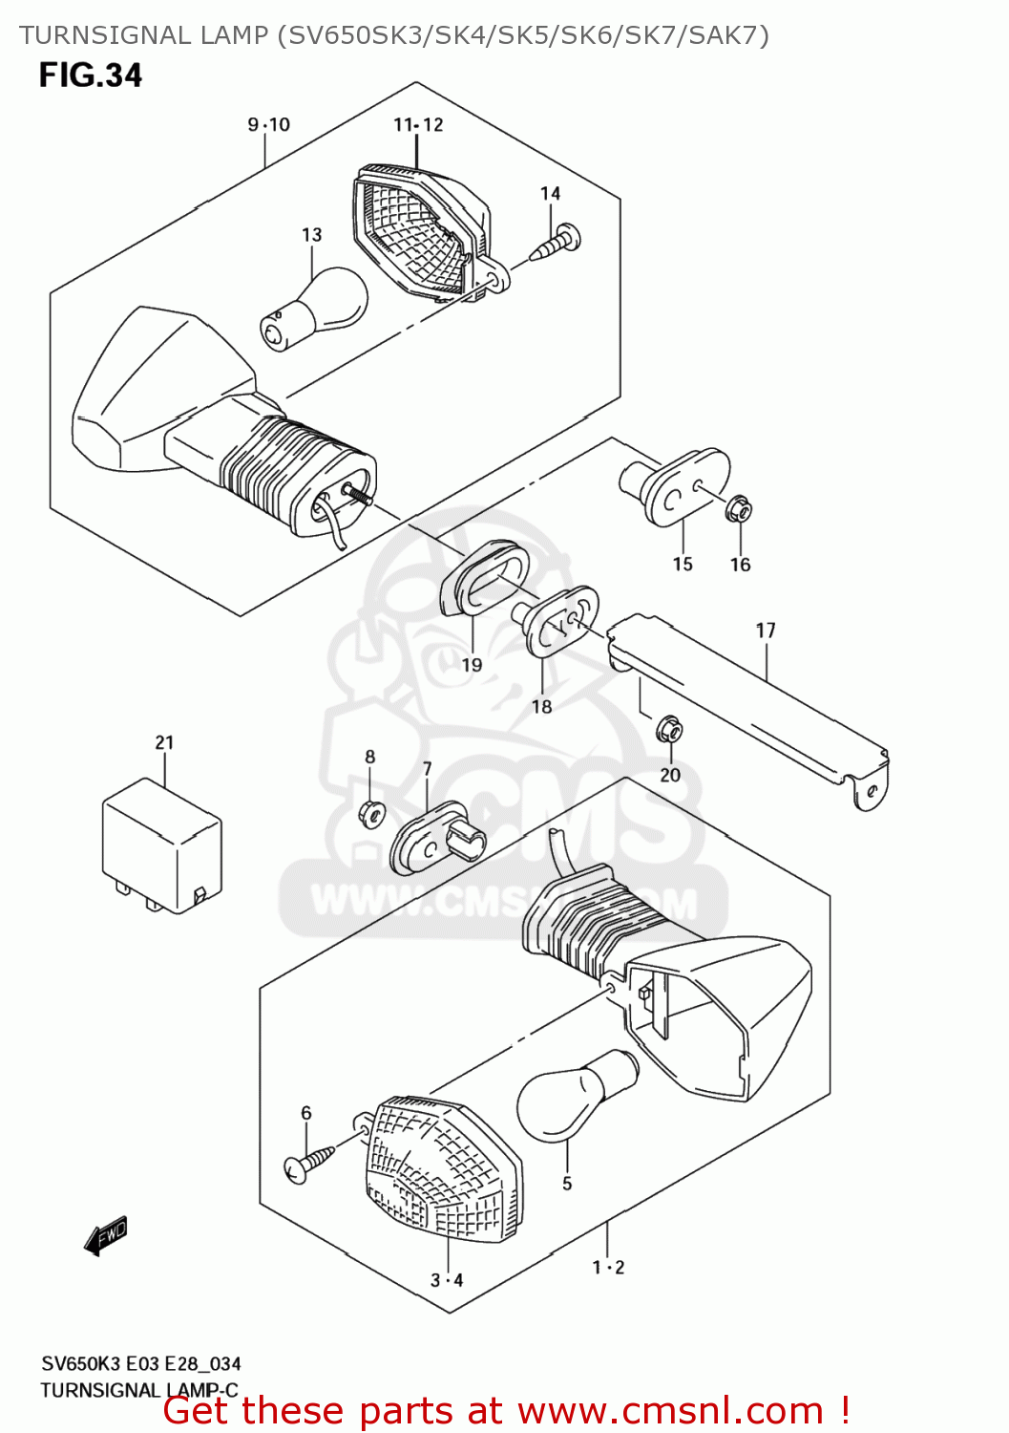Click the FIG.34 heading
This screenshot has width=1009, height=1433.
pos(90,75)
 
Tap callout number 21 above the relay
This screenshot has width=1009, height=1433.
pos(164,742)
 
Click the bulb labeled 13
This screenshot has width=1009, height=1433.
pos(315,308)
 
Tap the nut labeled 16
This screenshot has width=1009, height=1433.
pos(738,510)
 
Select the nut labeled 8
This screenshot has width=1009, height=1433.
pos(371,814)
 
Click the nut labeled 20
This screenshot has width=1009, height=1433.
pos(669,732)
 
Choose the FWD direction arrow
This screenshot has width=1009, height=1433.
pos(106,1235)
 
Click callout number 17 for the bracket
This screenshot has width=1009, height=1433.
pos(766,631)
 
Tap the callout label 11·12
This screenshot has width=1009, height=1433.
pos(418,125)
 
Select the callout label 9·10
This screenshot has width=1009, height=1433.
pos(268,125)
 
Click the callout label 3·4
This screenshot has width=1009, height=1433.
pos(446,1280)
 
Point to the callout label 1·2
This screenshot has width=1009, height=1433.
pos(608,1268)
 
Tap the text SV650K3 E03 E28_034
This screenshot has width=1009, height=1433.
pos(140,1364)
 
